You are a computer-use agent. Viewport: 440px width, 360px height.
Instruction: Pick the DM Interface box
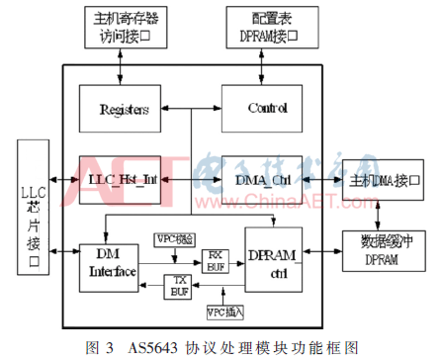tap(110, 264)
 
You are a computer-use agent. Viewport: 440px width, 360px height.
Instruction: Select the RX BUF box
tap(217, 259)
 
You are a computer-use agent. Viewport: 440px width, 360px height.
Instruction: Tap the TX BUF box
tap(179, 288)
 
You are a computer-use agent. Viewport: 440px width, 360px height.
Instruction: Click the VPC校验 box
tap(175, 239)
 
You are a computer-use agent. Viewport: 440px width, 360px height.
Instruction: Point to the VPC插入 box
tap(226, 314)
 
